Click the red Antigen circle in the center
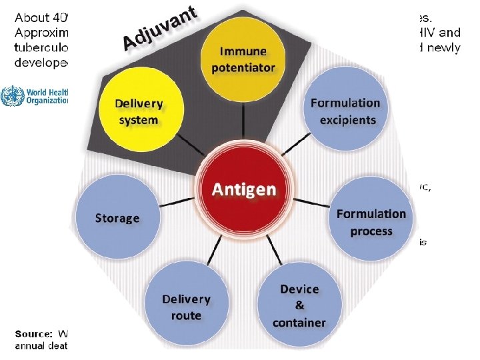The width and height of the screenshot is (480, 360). pos(243,189)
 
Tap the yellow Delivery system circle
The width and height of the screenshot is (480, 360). pos(139,111)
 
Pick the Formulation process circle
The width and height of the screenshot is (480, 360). pos(371,222)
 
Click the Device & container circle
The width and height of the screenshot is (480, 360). pos(299,306)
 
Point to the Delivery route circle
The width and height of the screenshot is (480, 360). pos(186,307)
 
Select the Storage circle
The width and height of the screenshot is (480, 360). pos(117,218)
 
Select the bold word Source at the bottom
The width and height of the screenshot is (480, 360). pos(33,333)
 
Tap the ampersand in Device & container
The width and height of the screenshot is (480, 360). pos(299,306)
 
